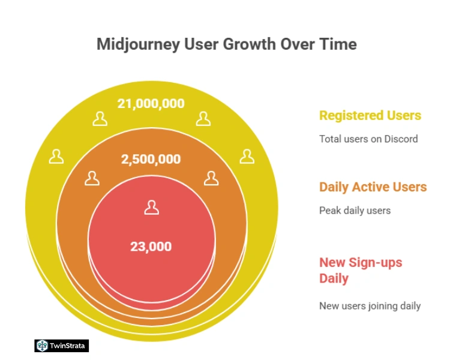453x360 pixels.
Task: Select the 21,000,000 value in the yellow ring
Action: click(x=151, y=103)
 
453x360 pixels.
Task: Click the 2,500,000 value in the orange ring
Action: click(x=151, y=160)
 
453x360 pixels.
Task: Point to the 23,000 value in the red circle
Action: click(x=151, y=246)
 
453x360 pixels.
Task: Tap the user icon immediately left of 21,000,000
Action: click(x=100, y=119)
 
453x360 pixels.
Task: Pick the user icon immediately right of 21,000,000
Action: click(x=204, y=119)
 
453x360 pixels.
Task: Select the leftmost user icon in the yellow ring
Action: click(x=56, y=157)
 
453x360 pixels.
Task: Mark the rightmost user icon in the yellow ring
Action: click(x=247, y=157)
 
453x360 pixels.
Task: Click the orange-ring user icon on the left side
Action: click(x=92, y=178)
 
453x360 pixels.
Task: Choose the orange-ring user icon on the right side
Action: click(x=211, y=178)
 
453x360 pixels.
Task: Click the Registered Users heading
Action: click(x=370, y=115)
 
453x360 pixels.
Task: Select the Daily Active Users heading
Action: click(x=373, y=187)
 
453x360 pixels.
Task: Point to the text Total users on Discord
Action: click(x=368, y=139)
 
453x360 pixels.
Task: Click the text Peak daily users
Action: click(x=355, y=211)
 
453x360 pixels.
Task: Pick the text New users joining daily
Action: click(x=370, y=306)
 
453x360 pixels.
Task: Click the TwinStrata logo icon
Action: click(x=42, y=346)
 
